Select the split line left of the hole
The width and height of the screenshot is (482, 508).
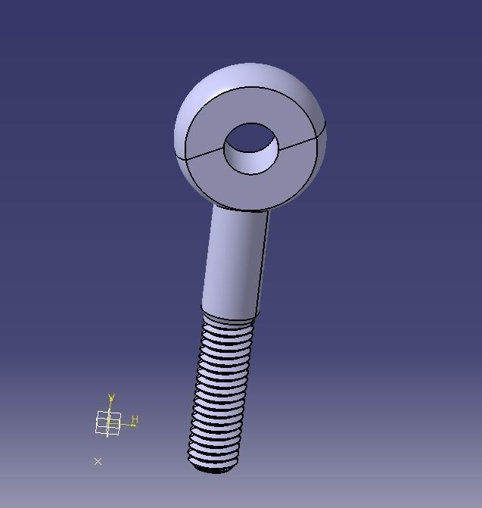pos(204,152)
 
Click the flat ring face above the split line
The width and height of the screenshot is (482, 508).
pos(250,105)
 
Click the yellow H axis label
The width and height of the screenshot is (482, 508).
pos(135,419)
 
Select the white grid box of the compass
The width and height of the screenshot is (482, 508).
pos(108,423)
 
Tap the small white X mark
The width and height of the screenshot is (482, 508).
pos(98,461)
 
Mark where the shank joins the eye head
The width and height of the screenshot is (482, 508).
pos(239,211)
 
